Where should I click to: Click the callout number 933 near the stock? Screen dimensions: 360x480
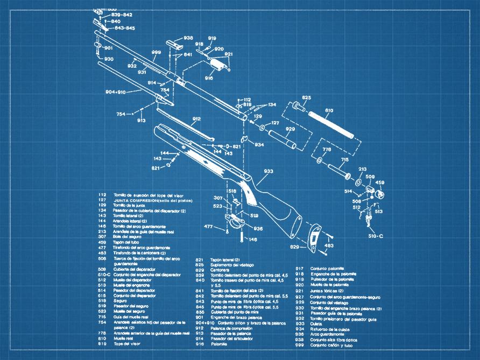(x=269, y=171)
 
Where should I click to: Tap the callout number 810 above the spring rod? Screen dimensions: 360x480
(x=329, y=111)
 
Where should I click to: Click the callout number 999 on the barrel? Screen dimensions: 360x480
(x=156, y=52)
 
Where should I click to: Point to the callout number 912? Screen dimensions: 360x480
(x=196, y=119)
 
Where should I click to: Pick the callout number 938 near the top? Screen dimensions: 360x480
(x=188, y=38)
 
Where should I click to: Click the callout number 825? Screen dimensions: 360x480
(x=306, y=97)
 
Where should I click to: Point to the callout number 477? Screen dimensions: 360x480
(x=209, y=227)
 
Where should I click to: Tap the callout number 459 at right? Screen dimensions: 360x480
(x=380, y=182)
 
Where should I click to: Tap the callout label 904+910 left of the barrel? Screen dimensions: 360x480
(x=115, y=92)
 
